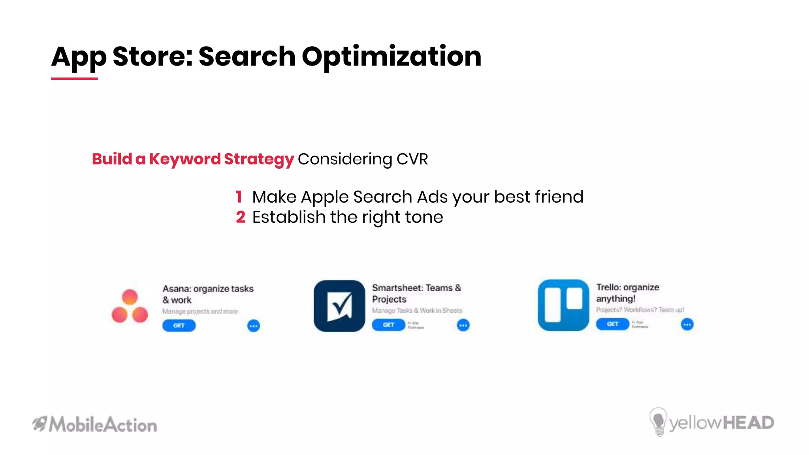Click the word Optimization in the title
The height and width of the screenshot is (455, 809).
(x=391, y=56)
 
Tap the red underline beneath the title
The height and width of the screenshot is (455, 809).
(x=74, y=79)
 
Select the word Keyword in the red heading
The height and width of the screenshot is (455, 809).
(x=184, y=159)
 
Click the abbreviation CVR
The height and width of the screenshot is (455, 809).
(x=412, y=159)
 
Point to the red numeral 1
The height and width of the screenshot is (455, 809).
(x=239, y=197)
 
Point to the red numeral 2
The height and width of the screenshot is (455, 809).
(x=241, y=217)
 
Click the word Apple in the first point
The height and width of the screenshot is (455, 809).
(x=325, y=197)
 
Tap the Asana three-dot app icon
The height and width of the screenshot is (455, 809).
(x=130, y=306)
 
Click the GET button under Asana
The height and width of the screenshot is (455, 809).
(x=179, y=325)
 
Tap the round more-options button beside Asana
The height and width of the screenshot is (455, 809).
(x=254, y=326)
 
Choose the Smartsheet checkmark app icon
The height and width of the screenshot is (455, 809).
(x=339, y=306)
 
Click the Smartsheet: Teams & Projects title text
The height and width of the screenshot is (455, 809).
(x=416, y=293)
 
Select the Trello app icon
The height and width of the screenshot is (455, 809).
(x=563, y=305)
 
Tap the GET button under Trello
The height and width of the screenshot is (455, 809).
(x=612, y=324)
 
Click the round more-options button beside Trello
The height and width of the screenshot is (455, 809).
(x=687, y=325)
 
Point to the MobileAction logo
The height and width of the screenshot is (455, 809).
(x=95, y=425)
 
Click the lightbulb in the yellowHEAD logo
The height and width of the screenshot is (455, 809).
(x=658, y=421)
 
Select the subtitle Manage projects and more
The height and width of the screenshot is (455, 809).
(x=200, y=311)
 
